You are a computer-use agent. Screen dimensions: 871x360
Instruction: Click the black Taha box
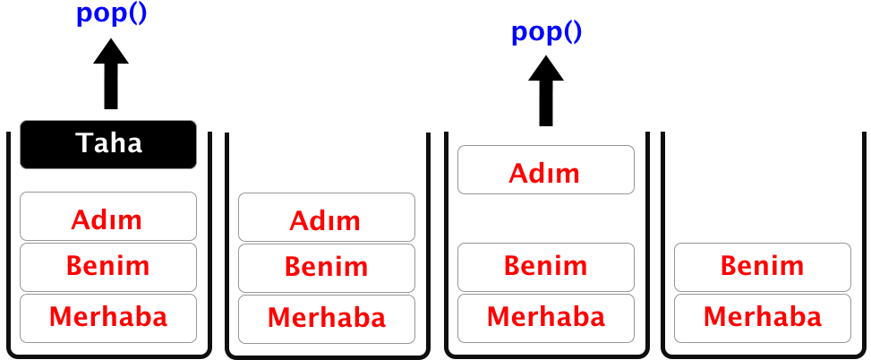(108, 144)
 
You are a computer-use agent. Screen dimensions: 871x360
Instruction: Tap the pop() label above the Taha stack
(111, 14)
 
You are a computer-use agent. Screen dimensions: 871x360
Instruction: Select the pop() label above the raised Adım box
(546, 32)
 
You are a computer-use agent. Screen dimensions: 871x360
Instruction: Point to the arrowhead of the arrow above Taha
(111, 51)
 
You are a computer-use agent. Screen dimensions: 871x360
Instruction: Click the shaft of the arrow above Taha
(111, 86)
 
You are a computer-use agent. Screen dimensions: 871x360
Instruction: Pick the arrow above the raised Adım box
(546, 90)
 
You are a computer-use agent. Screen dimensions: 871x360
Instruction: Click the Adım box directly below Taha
(108, 216)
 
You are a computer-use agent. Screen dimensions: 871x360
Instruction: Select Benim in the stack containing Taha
(108, 267)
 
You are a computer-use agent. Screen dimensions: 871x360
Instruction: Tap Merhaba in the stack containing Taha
(108, 318)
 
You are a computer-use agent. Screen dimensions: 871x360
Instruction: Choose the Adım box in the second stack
(327, 218)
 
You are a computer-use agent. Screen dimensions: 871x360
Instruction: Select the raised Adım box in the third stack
(546, 169)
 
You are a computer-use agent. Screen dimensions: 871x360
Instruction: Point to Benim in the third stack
(546, 267)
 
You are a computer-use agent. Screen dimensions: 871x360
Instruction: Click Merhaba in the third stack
(546, 318)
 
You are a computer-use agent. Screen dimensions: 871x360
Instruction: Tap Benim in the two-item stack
(763, 267)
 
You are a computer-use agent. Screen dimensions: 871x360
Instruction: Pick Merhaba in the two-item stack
(763, 318)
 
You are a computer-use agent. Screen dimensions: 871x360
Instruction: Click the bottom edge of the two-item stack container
(764, 356)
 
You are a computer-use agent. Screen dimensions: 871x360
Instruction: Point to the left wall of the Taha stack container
(8, 242)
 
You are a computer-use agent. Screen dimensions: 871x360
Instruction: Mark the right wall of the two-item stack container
(865, 242)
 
